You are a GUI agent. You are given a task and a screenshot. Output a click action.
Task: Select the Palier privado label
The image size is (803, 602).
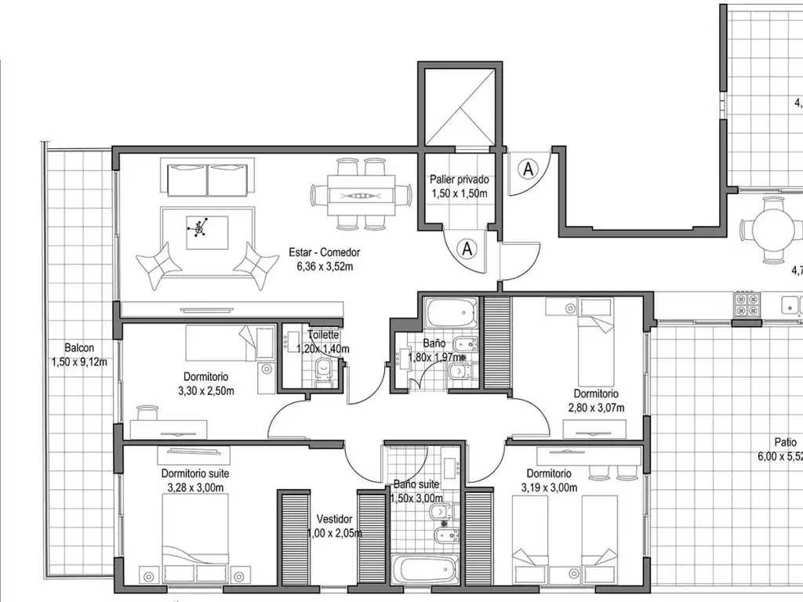coord(459,180)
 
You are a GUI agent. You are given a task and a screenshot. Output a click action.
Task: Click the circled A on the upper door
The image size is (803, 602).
coord(528,168)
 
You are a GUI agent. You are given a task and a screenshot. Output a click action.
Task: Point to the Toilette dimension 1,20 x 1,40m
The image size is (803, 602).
coord(323,349)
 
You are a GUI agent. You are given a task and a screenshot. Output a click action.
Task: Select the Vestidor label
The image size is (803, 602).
coord(334,519)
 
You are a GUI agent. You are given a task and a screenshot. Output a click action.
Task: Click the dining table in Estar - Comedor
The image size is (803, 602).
coord(362,194)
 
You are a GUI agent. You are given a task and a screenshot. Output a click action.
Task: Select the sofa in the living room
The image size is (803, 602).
coord(209,178)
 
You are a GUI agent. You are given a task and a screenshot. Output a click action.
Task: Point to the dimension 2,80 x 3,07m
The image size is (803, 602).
coord(595,407)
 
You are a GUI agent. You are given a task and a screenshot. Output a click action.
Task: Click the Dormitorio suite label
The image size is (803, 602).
coord(195,473)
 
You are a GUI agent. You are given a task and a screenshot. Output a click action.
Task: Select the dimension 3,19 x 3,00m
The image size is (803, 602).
coord(549,488)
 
